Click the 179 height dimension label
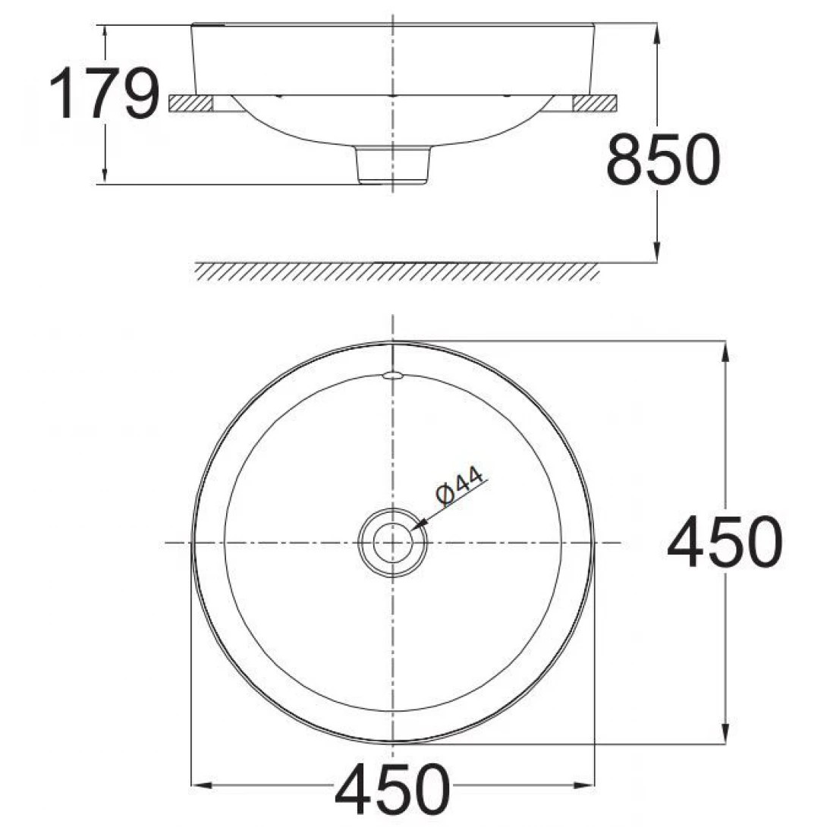(x=104, y=93)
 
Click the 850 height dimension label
(x=662, y=159)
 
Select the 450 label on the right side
(x=724, y=542)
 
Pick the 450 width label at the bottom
(x=392, y=789)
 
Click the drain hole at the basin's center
(x=392, y=542)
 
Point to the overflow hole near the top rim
(x=392, y=374)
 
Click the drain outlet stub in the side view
(x=393, y=165)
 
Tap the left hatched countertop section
(x=190, y=104)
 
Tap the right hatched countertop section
(x=595, y=104)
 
